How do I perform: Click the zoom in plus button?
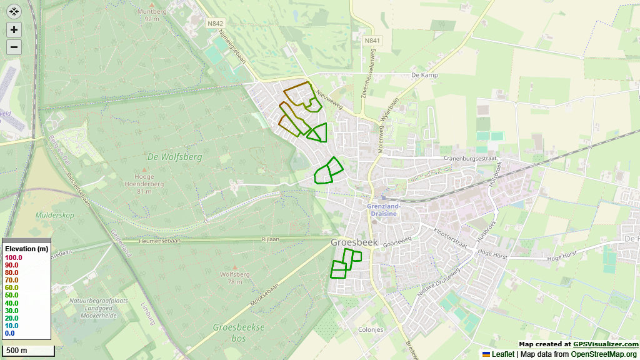(x=14, y=29)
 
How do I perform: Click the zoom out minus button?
(x=14, y=47)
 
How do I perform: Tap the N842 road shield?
(x=216, y=23)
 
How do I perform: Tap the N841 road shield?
(x=372, y=40)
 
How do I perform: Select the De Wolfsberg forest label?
(x=175, y=157)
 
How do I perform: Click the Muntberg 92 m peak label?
(x=152, y=15)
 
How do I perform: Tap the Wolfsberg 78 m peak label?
(x=235, y=277)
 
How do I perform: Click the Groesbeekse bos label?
(x=239, y=332)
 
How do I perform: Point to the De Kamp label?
(x=424, y=75)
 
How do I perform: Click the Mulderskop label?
(x=55, y=215)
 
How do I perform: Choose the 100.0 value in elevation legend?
(x=13, y=257)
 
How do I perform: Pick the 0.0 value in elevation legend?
(x=9, y=333)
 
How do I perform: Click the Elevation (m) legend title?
(x=26, y=249)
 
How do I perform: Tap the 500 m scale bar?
(x=27, y=350)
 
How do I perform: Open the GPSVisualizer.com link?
(x=606, y=344)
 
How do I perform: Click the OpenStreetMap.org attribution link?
(x=604, y=354)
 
